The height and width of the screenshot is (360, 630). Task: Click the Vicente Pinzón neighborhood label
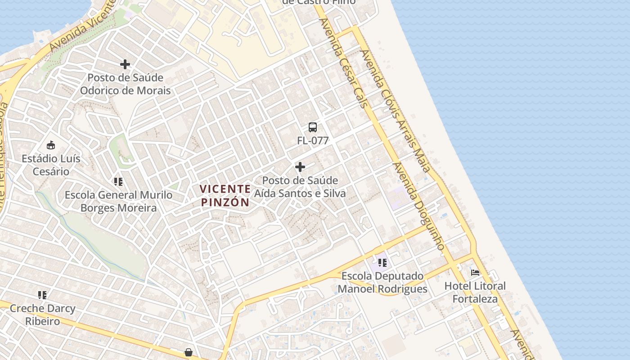click(225, 196)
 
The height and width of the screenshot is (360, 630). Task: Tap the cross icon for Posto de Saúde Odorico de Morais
click(125, 64)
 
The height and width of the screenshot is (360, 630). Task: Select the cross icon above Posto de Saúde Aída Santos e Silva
click(300, 167)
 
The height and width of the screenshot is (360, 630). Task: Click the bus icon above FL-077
click(313, 127)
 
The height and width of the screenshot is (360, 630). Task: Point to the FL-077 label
click(313, 140)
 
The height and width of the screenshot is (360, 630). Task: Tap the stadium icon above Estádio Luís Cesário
click(51, 145)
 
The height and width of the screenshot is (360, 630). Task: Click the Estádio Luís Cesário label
click(51, 165)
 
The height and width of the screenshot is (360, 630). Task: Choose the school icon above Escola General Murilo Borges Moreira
click(118, 182)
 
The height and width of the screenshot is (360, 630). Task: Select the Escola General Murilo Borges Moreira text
click(118, 201)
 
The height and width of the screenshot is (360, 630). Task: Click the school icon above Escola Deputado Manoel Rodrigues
click(382, 262)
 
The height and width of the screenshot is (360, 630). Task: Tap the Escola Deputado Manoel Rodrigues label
click(382, 282)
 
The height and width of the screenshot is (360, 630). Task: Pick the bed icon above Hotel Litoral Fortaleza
click(475, 272)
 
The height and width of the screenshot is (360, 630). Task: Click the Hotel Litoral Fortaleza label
click(475, 292)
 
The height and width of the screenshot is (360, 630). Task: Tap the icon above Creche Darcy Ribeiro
click(42, 295)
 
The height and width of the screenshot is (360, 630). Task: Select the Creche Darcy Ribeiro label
click(42, 315)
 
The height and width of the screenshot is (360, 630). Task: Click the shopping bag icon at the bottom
click(189, 352)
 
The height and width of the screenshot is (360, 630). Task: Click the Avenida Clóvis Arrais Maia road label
click(396, 111)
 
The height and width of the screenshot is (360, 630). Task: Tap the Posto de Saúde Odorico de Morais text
click(125, 84)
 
